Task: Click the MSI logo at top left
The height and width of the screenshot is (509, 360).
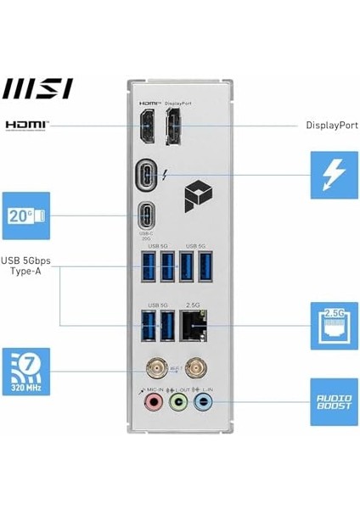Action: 38,88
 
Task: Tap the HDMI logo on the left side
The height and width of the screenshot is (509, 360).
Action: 27,126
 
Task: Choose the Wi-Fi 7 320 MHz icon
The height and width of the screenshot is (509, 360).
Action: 26,371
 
